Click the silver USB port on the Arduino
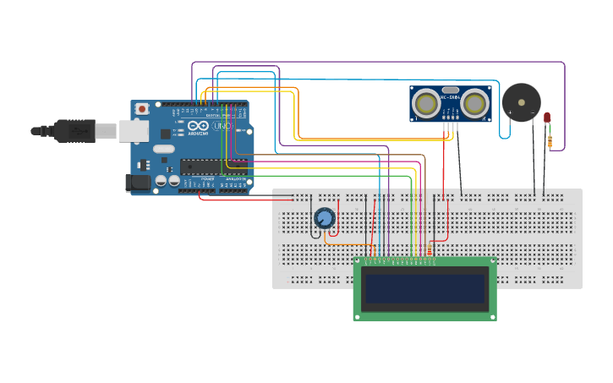133,130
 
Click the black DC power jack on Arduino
137,182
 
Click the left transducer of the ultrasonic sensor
426,102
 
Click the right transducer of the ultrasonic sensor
475,102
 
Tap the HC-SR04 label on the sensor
450,96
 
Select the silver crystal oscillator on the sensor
450,90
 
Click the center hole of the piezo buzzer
521,101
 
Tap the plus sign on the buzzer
510,112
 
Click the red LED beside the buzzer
547,118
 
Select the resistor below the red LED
550,141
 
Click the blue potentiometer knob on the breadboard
324,218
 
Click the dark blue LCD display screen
424,288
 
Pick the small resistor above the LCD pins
430,248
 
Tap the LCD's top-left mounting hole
359,263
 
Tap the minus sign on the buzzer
532,112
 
